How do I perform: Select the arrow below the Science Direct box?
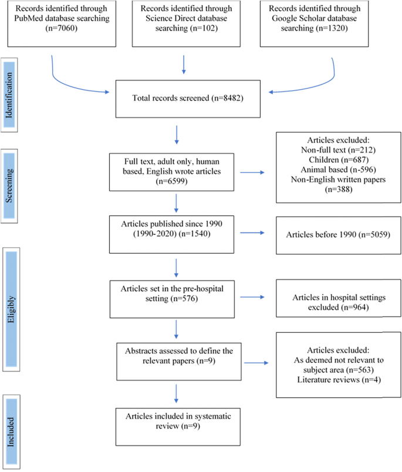tap(184, 64)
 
